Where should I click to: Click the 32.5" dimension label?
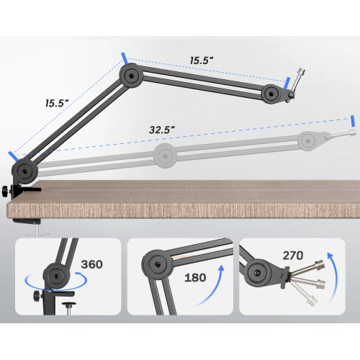click(x=161, y=130)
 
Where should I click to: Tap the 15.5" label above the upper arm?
click(x=202, y=60)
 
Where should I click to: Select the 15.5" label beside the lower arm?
click(x=57, y=103)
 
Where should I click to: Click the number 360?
click(x=92, y=264)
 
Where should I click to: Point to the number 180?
click(x=195, y=277)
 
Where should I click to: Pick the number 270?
click(x=293, y=256)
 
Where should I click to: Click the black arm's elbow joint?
click(x=131, y=76)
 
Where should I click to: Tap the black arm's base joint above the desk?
click(x=24, y=171)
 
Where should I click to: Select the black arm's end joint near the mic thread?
click(x=271, y=94)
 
